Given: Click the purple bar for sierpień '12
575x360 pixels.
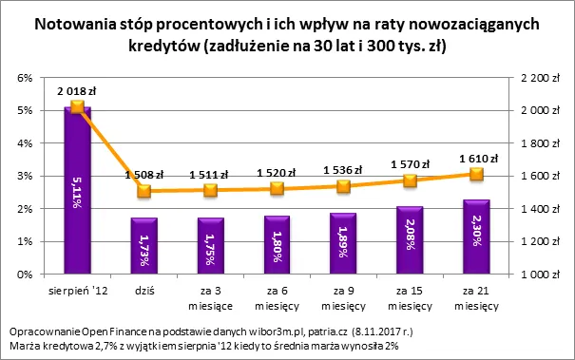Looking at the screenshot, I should (77, 190).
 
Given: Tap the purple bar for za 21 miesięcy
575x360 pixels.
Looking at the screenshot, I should (477, 237).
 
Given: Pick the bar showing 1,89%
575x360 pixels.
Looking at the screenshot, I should (344, 243).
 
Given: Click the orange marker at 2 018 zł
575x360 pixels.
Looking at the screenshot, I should (77, 107).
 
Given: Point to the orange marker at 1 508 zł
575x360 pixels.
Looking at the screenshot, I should (144, 191).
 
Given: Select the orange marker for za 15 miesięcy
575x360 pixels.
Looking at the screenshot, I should (411, 180).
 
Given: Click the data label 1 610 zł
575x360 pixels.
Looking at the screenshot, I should (476, 158).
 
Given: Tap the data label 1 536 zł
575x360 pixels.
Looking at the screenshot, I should (344, 169).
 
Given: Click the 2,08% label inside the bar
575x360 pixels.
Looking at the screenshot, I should (411, 240).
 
